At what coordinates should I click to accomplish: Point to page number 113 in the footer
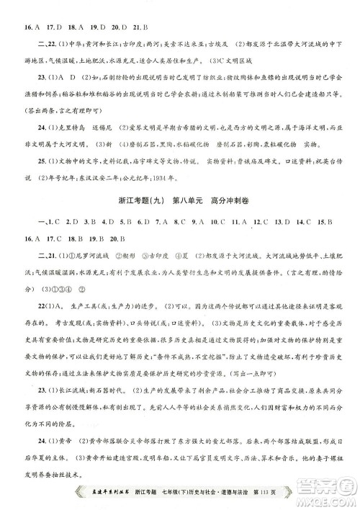283,491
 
